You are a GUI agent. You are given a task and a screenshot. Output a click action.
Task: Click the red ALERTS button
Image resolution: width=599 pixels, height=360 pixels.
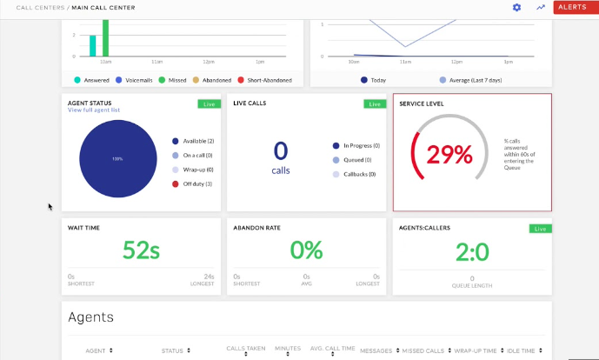click(572, 7)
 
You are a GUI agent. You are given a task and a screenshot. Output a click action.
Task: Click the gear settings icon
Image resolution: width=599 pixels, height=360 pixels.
click(516, 7)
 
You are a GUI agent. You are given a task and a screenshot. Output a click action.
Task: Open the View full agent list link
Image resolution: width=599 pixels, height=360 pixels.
click(94, 110)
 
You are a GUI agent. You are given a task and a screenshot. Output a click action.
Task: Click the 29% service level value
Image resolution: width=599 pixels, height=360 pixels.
click(450, 154)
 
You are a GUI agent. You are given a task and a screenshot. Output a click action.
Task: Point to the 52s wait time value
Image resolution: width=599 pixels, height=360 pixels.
click(141, 251)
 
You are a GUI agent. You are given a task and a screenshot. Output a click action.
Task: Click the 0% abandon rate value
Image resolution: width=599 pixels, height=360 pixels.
click(306, 251)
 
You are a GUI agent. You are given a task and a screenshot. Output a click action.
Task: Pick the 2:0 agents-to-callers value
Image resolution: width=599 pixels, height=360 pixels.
click(472, 252)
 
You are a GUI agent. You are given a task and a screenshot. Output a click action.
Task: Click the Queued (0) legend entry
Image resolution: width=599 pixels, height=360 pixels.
click(361, 160)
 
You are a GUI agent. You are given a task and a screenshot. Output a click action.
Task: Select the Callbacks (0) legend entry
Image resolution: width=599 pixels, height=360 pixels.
click(360, 175)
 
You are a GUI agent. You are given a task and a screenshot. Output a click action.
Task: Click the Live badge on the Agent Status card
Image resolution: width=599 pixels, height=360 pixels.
click(207, 103)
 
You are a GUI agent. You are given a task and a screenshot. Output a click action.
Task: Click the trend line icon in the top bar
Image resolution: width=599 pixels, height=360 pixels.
click(541, 7)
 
